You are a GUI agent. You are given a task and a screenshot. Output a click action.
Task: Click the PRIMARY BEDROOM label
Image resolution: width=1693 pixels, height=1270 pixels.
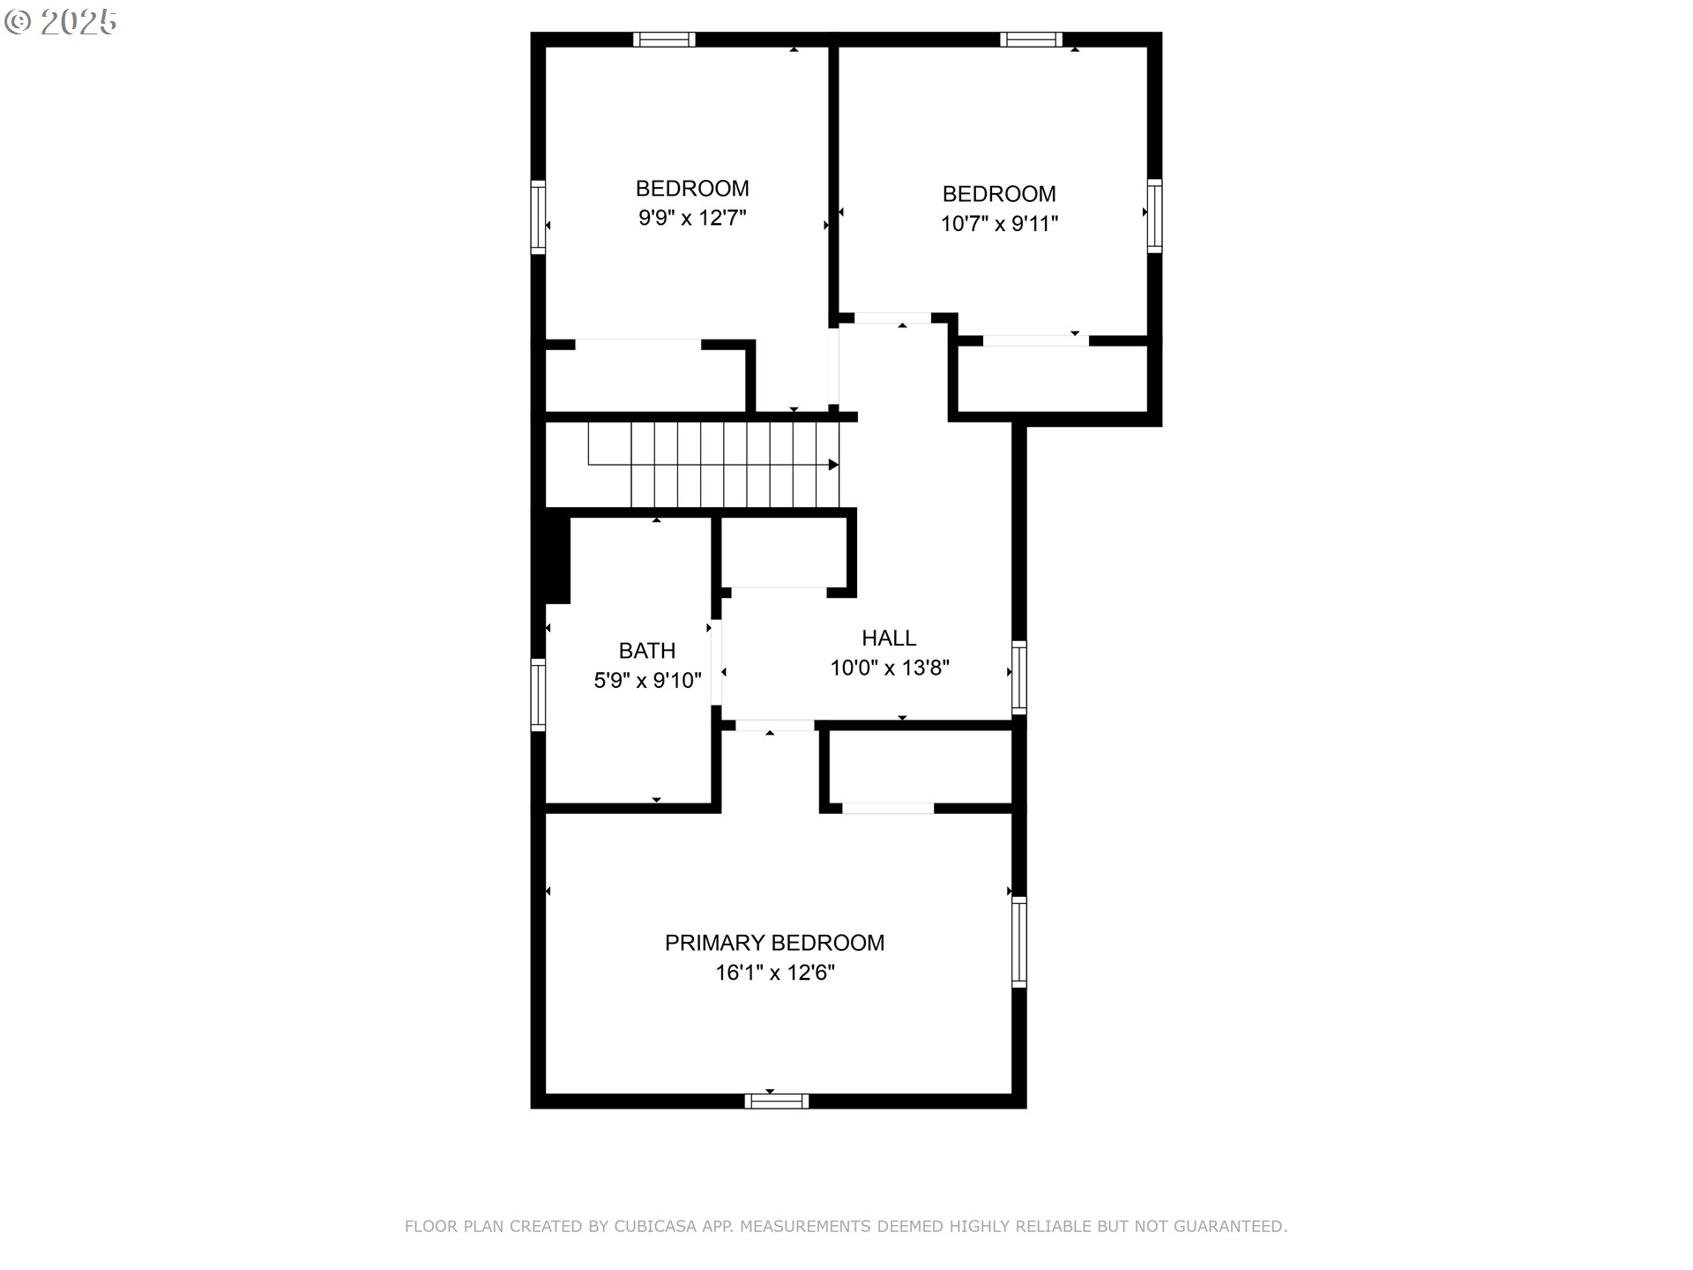pyautogui.click(x=774, y=943)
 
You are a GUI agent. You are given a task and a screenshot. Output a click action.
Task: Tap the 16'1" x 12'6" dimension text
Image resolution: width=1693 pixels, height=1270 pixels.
pyautogui.click(x=775, y=973)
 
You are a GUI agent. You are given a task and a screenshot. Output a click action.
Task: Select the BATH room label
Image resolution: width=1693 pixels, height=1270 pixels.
pyautogui.click(x=647, y=651)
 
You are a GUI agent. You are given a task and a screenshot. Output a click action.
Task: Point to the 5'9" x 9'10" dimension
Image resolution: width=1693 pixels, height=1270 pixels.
pyautogui.click(x=647, y=680)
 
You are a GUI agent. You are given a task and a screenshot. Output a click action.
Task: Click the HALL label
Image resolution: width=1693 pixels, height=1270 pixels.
pyautogui.click(x=889, y=638)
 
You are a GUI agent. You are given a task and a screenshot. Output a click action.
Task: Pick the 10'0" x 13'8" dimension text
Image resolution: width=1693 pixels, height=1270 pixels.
pyautogui.click(x=890, y=668)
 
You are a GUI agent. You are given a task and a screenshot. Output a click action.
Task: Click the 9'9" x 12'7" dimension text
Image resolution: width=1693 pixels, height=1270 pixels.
pyautogui.click(x=692, y=218)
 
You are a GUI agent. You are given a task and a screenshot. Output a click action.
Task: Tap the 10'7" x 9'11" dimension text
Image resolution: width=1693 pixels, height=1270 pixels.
pyautogui.click(x=999, y=224)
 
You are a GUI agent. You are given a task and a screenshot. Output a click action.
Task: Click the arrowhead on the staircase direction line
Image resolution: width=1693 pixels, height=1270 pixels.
pyautogui.click(x=833, y=465)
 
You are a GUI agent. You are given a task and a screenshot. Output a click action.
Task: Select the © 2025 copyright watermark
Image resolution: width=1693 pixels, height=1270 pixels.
pyautogui.click(x=60, y=22)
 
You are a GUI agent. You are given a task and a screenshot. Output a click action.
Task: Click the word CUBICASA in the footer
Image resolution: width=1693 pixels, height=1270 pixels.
pyautogui.click(x=655, y=1226)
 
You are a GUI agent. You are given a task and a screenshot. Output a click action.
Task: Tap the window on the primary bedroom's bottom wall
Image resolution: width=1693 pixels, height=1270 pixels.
pyautogui.click(x=777, y=1101)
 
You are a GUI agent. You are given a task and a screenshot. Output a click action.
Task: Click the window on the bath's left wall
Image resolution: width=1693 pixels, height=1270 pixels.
pyautogui.click(x=538, y=694)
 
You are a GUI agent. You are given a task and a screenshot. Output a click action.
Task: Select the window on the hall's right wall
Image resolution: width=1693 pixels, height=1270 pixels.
pyautogui.click(x=1019, y=677)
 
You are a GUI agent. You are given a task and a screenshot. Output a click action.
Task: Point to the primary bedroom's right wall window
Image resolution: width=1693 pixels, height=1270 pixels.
pyautogui.click(x=1019, y=941)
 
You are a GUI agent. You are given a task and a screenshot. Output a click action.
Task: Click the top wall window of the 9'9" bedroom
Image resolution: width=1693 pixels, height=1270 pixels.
pyautogui.click(x=664, y=40)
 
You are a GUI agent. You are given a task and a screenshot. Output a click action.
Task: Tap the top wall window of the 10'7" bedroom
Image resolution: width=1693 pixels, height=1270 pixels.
pyautogui.click(x=1031, y=40)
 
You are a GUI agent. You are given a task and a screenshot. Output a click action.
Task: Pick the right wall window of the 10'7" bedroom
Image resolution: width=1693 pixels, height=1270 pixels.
pyautogui.click(x=1154, y=216)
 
